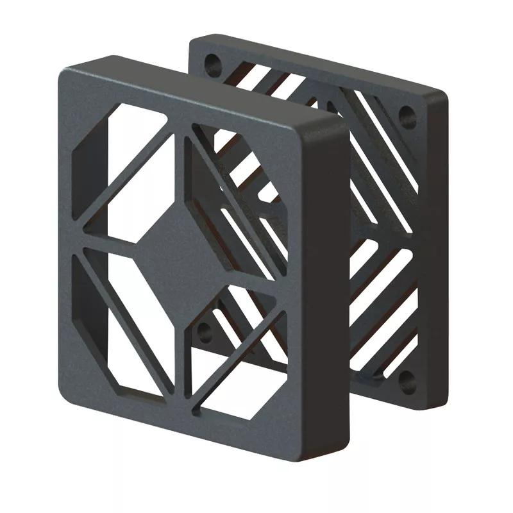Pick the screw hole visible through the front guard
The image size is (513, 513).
(205, 332)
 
